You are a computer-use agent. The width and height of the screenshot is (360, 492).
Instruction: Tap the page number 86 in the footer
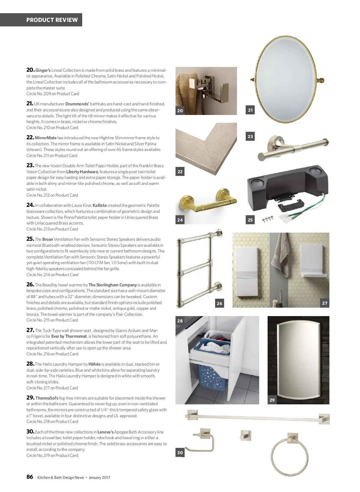pyautogui.click(x=30, y=477)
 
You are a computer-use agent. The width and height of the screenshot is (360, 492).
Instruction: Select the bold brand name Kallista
pyautogui.click(x=100, y=205)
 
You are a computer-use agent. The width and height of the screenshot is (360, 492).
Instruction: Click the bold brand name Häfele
pyautogui.click(x=94, y=364)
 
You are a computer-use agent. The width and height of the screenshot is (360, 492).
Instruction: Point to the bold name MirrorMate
pyautogui.click(x=46, y=138)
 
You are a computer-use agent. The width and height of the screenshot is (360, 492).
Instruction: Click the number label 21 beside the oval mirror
pyautogui.click(x=250, y=110)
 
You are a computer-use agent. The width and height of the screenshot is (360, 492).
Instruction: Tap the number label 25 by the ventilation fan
pyautogui.click(x=250, y=220)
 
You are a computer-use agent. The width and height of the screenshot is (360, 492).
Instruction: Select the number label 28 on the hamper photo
pyautogui.click(x=180, y=321)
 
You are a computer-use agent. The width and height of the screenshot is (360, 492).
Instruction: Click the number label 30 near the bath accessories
pyautogui.click(x=180, y=453)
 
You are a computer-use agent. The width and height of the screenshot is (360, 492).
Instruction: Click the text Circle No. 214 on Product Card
pyautogui.click(x=52, y=275)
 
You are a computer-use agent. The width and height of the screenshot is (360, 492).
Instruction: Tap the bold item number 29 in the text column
pyautogui.click(x=30, y=398)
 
